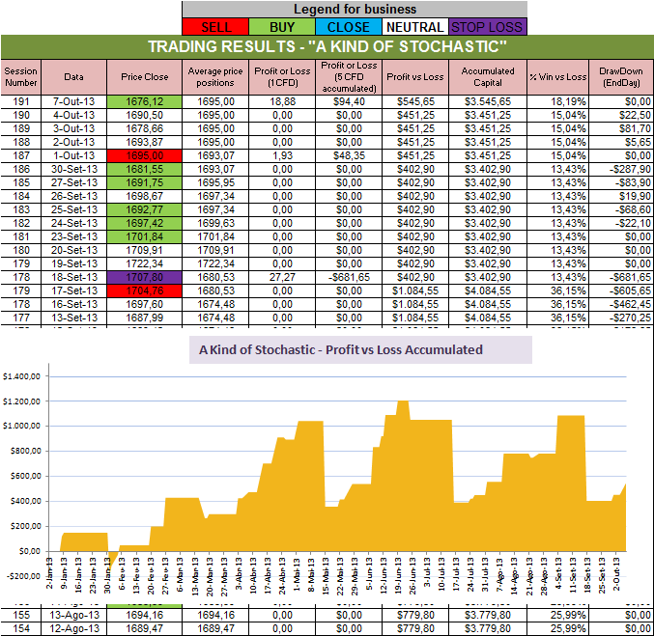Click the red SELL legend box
(215, 27)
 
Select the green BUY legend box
(283, 27)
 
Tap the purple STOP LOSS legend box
(488, 27)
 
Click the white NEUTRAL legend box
(416, 27)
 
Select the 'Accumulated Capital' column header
(488, 76)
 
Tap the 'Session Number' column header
(18, 76)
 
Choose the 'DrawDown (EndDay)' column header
(621, 76)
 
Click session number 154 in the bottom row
(18, 628)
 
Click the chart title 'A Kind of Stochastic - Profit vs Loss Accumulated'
(359, 349)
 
